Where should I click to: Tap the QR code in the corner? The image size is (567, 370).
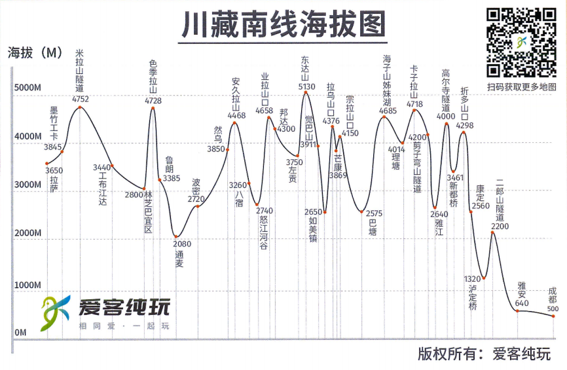pyautogui.click(x=521, y=43)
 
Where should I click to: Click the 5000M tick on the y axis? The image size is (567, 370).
pyautogui.click(x=27, y=88)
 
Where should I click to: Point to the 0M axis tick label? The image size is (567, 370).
pyautogui.click(x=20, y=333)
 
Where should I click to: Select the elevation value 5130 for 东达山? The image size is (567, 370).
pyautogui.click(x=306, y=86)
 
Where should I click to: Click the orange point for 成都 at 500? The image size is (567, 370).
pyautogui.click(x=553, y=316)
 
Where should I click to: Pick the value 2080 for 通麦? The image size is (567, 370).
pyautogui.click(x=183, y=244)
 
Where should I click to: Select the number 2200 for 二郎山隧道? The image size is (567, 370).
pyautogui.click(x=500, y=227)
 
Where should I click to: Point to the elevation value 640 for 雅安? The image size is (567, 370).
pyautogui.click(x=522, y=303)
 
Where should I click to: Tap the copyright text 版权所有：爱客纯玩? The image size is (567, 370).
pyautogui.click(x=484, y=354)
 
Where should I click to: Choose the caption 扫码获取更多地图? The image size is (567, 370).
pyautogui.click(x=521, y=87)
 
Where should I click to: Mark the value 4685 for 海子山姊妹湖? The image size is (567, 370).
pyautogui.click(x=388, y=111)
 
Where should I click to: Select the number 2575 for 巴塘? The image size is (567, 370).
pyautogui.click(x=374, y=213)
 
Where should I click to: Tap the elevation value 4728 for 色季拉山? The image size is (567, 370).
pyautogui.click(x=153, y=100)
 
